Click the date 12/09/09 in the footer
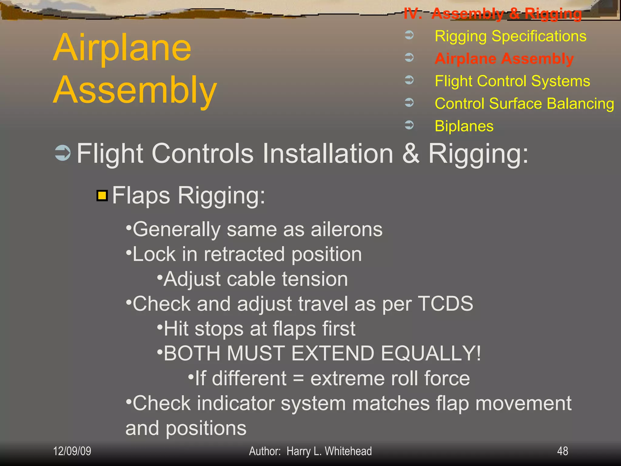point(72,451)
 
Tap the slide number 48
point(562,451)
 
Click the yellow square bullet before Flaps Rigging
point(102,196)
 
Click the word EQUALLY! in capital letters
point(431,353)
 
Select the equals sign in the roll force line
point(298,379)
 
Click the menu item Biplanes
point(464,126)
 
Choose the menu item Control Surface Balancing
point(524,104)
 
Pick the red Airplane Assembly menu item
point(504,59)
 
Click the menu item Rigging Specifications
point(510,36)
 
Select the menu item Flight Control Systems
point(512,81)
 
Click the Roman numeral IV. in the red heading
point(413,14)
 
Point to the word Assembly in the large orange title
point(135,90)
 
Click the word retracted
point(244,254)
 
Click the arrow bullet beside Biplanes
point(409,125)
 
